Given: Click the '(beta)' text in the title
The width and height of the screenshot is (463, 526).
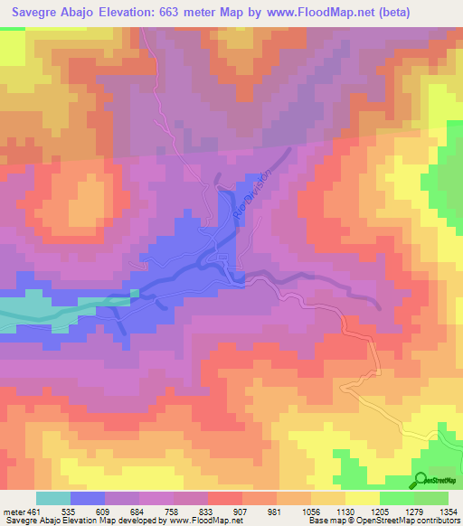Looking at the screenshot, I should pos(387,13).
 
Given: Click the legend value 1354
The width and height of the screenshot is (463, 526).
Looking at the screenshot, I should pos(446,511).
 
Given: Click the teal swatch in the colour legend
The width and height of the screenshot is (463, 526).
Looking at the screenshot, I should pos(52,498).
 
